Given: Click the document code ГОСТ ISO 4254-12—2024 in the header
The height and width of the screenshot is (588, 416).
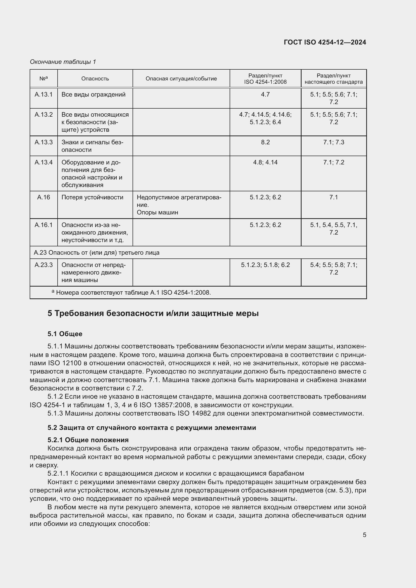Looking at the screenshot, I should pos(325,42).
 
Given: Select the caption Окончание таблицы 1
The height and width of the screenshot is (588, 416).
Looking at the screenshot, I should pos(63,62).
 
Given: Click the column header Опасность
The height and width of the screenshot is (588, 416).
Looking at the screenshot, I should pos(95,79).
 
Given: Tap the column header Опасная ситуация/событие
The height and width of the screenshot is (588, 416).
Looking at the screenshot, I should pos(181,79).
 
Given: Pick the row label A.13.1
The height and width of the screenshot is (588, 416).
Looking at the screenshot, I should pos(44,95).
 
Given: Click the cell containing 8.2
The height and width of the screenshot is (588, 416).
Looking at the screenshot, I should pos(265,142).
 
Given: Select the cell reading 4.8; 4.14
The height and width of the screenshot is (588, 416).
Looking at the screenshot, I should pos(265,162).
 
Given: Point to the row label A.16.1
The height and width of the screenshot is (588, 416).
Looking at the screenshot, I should pos(44,225).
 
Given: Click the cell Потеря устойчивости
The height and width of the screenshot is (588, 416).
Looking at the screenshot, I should pos(92,197).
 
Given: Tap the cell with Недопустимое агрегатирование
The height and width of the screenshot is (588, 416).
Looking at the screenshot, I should pos(179,201).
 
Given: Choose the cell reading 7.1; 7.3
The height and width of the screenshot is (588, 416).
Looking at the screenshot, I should pos(334,142).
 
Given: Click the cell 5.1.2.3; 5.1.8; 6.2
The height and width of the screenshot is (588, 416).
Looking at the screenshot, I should pos(265,265).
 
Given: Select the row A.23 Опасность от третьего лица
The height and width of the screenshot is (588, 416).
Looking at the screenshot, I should pos(97,252).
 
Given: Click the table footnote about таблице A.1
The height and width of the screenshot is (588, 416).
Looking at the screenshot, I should pos(133,292).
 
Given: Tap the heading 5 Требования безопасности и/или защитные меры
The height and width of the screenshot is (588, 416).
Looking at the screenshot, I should pos(153,313).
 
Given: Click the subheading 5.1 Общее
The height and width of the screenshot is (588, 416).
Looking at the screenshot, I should pos(65,334).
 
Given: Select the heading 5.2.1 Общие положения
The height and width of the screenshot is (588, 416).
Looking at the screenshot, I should pos(88,440).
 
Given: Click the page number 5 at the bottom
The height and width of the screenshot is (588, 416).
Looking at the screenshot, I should pos(364,535).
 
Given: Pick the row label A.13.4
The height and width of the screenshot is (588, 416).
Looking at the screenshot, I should pos(44,162).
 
